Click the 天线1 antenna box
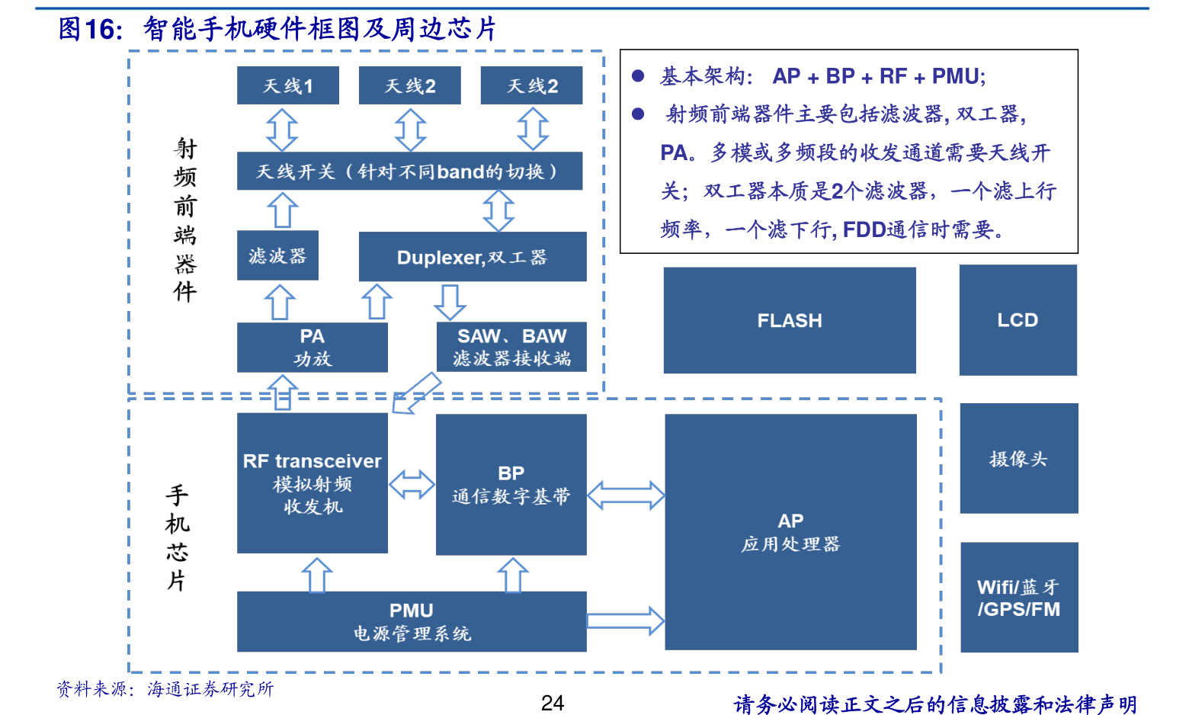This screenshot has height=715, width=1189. (x=287, y=85)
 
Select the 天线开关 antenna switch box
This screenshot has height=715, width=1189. (x=409, y=172)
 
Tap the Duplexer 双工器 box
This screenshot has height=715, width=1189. (x=473, y=257)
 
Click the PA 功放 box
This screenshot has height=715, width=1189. (x=312, y=348)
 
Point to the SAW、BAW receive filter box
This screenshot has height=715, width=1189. (x=511, y=348)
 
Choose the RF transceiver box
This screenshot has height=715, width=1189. (x=312, y=483)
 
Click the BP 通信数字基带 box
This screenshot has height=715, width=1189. (x=511, y=485)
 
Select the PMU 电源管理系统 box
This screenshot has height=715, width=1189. (x=412, y=621)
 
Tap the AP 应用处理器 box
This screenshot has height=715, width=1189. (x=790, y=532)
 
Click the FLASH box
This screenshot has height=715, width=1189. (x=790, y=320)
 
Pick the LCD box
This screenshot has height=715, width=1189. (x=1018, y=320)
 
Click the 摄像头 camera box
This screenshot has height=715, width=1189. (x=1018, y=458)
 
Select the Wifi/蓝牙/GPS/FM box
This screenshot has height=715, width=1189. (x=1019, y=598)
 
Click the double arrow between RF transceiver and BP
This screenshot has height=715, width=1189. (x=412, y=484)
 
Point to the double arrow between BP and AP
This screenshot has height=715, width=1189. (x=626, y=495)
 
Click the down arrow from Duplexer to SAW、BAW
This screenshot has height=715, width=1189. (x=450, y=302)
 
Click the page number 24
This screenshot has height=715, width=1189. (x=553, y=703)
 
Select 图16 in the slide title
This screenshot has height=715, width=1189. (x=89, y=29)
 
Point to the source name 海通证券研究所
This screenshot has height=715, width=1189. (x=210, y=689)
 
